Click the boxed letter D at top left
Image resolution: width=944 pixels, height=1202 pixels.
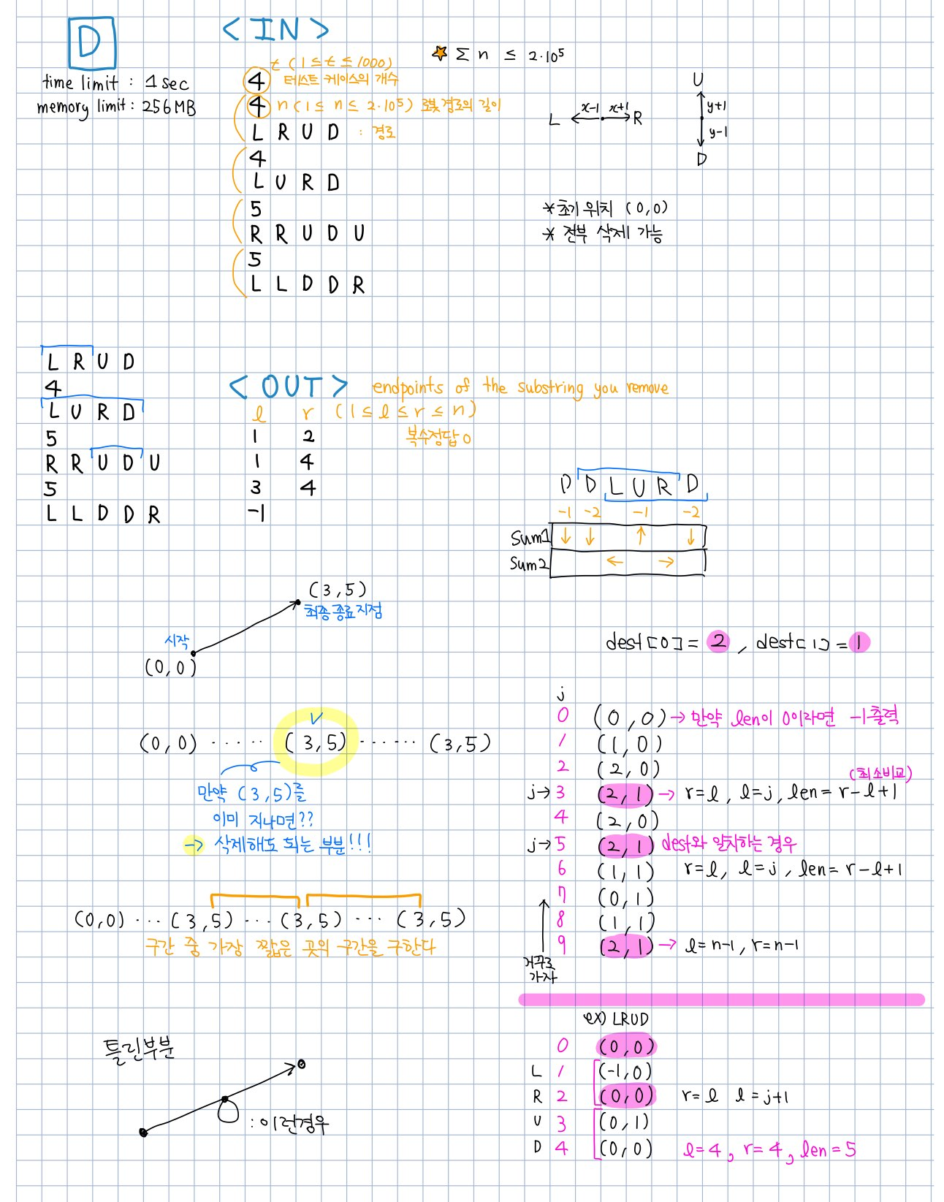tap(91, 42)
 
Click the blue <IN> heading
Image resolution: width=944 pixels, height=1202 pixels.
tap(275, 29)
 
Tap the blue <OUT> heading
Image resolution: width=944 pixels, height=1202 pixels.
tap(289, 387)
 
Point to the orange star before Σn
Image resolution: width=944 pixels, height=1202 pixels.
tap(440, 53)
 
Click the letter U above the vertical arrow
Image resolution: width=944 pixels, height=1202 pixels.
tap(699, 80)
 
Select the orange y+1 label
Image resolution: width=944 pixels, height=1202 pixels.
tap(717, 107)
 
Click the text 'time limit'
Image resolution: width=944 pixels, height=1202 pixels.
tap(80, 83)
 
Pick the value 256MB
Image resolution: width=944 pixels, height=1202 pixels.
tap(169, 107)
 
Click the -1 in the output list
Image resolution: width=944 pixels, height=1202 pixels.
tap(256, 513)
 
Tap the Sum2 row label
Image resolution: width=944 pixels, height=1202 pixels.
tap(528, 564)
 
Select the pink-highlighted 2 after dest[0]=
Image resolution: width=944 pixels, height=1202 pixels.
tap(719, 642)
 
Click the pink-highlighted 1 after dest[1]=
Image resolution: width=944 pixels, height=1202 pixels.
tap(859, 642)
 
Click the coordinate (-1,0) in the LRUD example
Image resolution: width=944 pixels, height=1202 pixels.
tap(625, 1071)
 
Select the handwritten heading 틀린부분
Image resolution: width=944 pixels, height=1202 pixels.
tap(139, 1049)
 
